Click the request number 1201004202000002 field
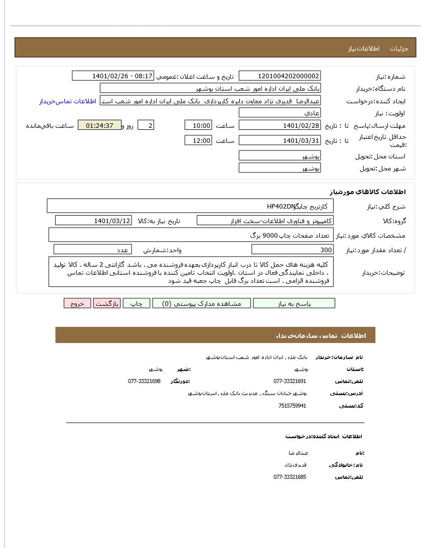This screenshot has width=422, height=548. (279, 76)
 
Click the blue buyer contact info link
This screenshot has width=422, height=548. (68, 101)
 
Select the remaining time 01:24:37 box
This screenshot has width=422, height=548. (99, 125)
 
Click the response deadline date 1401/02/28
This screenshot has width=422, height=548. (279, 126)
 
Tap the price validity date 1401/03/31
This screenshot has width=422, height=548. (279, 141)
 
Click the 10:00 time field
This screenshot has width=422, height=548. (198, 126)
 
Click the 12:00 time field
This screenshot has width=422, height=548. (198, 141)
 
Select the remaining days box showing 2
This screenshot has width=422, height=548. (146, 125)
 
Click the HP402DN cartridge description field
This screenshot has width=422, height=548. (191, 206)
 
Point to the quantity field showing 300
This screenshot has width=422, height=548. (292, 250)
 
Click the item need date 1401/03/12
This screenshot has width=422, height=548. (93, 221)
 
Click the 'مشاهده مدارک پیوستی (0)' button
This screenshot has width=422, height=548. (201, 303)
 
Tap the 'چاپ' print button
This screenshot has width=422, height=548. (136, 303)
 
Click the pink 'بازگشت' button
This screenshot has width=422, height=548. (107, 303)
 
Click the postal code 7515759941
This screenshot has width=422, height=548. (292, 406)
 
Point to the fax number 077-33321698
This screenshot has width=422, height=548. (144, 381)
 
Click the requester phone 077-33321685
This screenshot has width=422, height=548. (290, 477)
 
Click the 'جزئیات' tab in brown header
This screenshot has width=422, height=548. (399, 49)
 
